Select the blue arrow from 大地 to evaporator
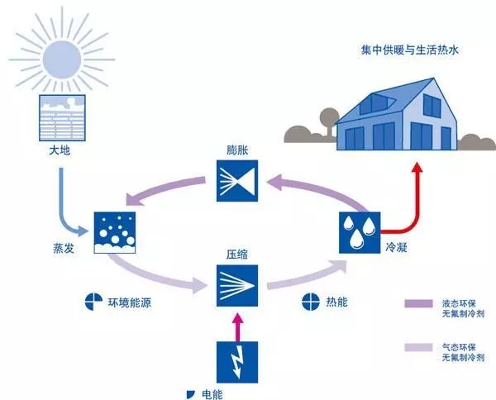point(69,198)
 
